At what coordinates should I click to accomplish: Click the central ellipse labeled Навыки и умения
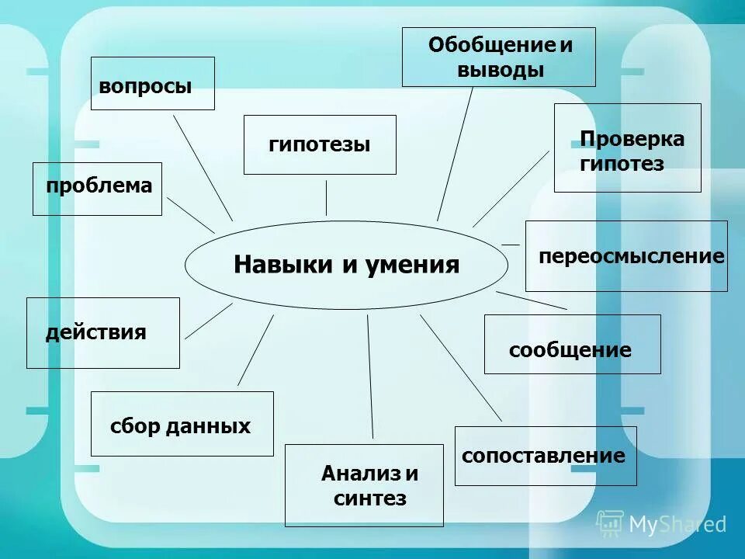[x=346, y=266]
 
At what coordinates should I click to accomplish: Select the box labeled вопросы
[x=152, y=83]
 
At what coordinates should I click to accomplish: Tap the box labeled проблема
[x=97, y=189]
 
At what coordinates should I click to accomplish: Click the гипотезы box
[x=320, y=144]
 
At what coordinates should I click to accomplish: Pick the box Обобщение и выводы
[x=498, y=57]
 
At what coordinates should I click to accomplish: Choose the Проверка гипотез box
[x=627, y=148]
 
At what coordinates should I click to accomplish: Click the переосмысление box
[x=626, y=256]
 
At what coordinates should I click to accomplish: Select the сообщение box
[x=572, y=344]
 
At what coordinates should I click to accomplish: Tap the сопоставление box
[x=545, y=456]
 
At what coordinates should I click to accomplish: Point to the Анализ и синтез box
[x=364, y=485]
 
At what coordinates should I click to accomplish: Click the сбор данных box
[x=182, y=424]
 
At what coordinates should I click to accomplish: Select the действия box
[x=102, y=332]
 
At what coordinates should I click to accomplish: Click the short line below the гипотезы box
[x=326, y=198]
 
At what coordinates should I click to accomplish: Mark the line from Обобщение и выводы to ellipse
[x=456, y=152]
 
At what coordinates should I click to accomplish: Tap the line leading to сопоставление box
[x=461, y=368]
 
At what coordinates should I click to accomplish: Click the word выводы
[x=501, y=70]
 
